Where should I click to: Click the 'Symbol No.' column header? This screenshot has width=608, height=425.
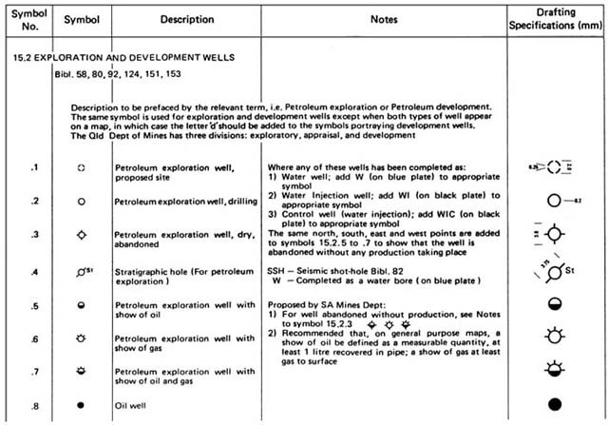(x=25, y=19)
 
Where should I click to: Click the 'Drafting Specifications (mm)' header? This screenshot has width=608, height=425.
(x=555, y=19)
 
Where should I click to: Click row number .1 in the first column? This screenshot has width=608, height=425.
(x=35, y=168)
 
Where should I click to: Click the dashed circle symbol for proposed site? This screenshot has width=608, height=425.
(x=81, y=168)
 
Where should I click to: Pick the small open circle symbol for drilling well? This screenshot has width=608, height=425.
(x=81, y=203)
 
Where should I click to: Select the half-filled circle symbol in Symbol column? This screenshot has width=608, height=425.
(x=81, y=306)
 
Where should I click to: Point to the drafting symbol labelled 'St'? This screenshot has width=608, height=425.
(x=554, y=272)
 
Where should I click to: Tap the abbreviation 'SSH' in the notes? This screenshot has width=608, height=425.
(x=277, y=269)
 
